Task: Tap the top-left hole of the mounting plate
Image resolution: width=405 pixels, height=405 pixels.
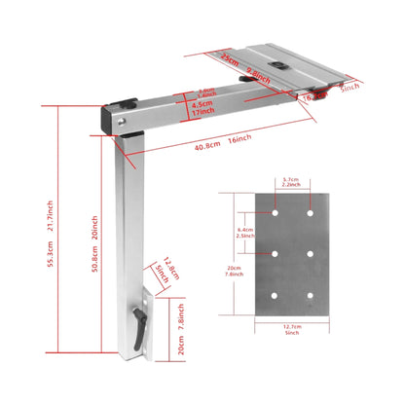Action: (x=276, y=210)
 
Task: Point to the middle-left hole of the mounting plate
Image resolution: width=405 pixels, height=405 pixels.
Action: (x=276, y=253)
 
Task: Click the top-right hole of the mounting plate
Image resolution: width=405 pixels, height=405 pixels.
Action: (x=310, y=210)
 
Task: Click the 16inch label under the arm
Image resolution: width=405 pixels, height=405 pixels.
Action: (x=239, y=142)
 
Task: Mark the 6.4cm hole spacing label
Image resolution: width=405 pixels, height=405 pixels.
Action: (x=248, y=231)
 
